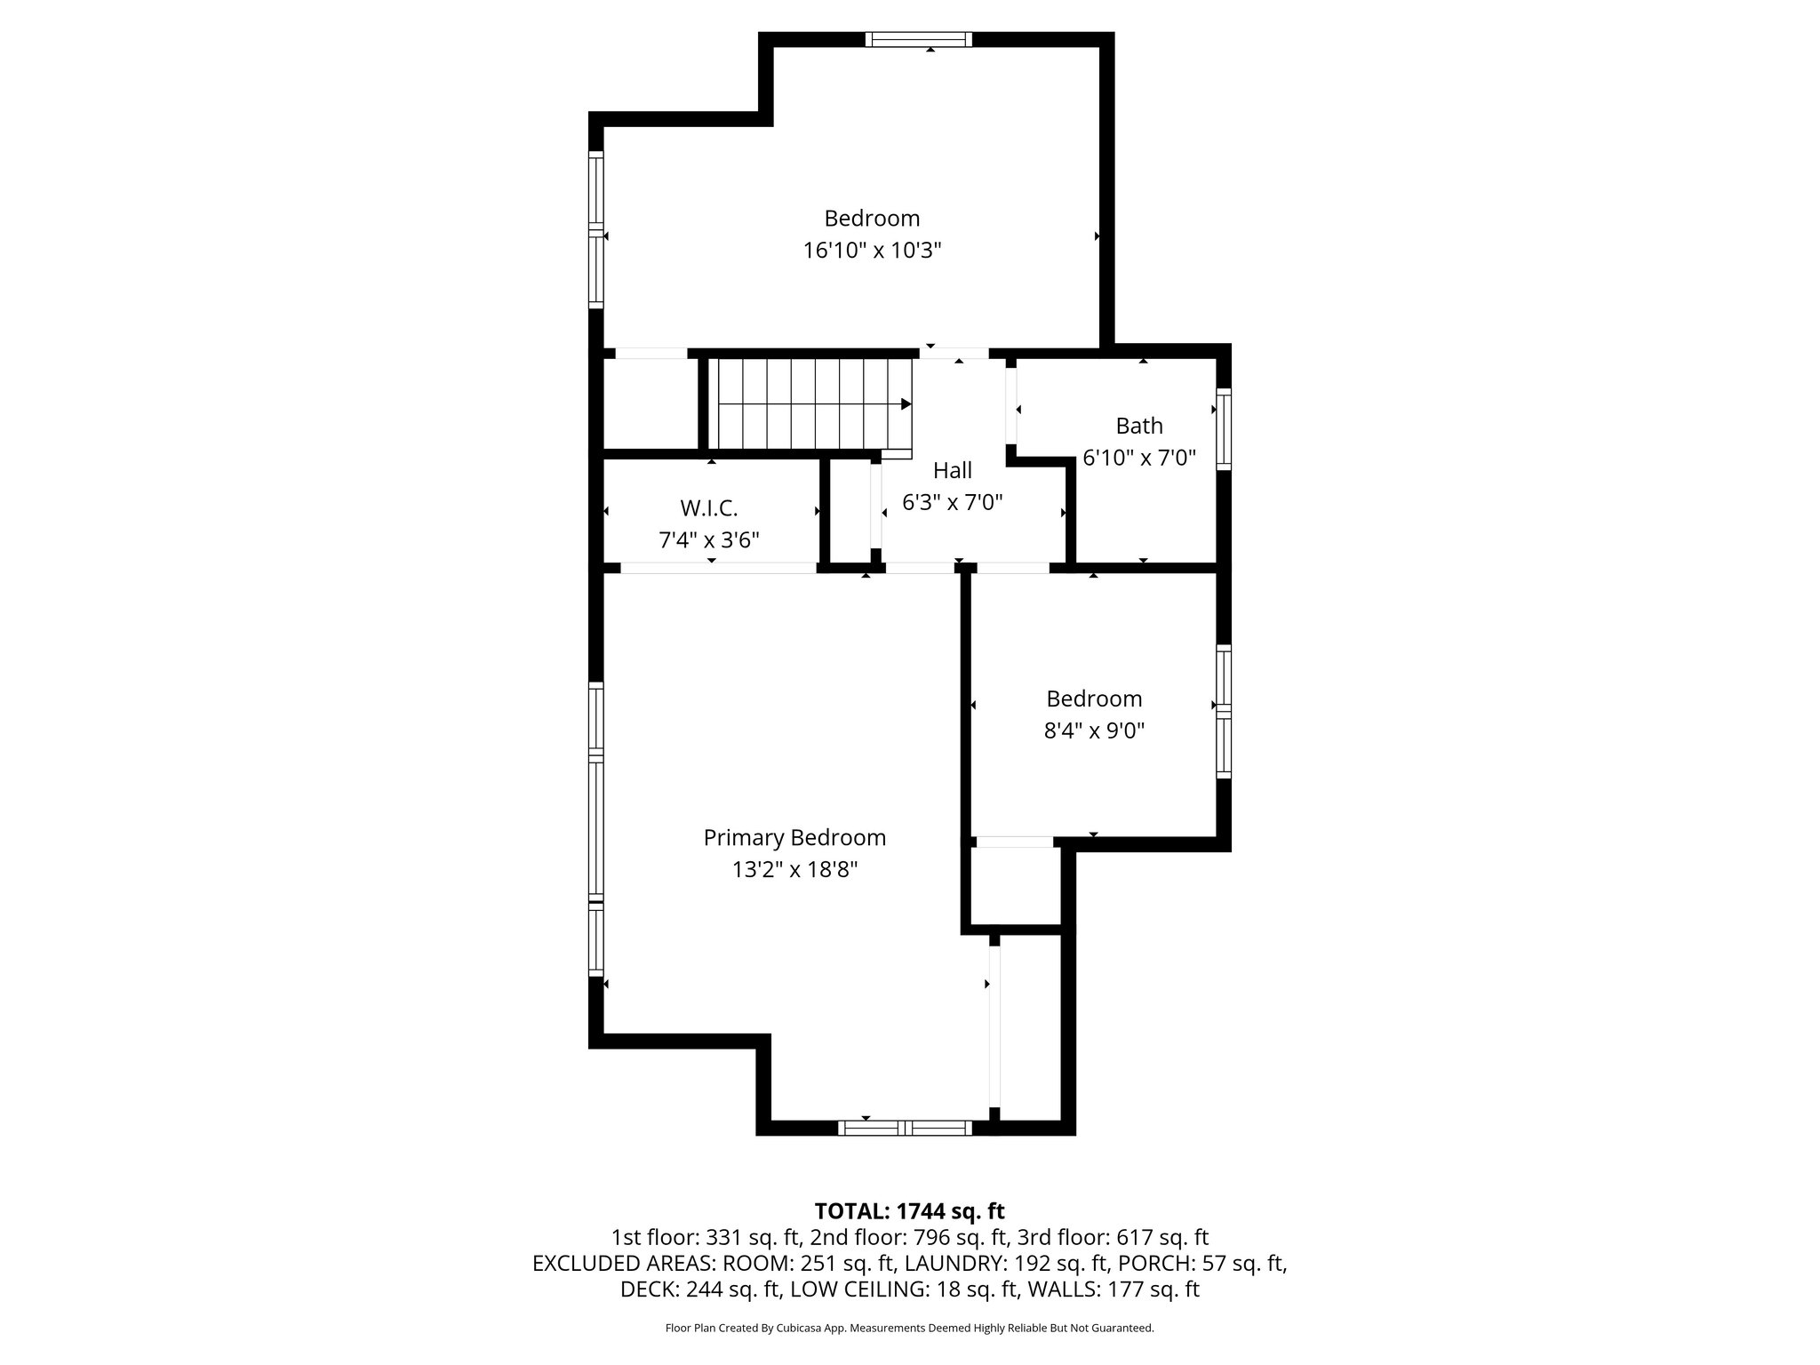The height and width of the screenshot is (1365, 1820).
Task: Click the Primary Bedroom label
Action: click(794, 837)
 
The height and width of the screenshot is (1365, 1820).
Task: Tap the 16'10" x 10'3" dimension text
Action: click(872, 251)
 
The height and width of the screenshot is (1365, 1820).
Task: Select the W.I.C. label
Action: click(708, 508)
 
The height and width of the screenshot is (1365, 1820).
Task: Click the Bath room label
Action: click(1138, 426)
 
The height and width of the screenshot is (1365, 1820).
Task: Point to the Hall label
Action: click(952, 470)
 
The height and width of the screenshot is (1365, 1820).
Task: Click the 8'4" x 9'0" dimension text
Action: click(1093, 730)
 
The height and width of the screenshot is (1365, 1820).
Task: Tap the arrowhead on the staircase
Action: click(906, 404)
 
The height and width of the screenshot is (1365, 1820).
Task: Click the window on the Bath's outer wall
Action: click(1224, 428)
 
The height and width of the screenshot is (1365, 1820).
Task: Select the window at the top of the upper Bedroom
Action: click(918, 39)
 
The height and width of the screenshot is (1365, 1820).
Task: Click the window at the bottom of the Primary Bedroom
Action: click(905, 1128)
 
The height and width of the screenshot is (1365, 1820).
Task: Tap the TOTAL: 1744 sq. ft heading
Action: click(909, 1210)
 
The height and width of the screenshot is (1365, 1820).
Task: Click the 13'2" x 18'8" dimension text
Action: click(794, 869)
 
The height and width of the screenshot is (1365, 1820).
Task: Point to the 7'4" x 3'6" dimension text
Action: click(708, 539)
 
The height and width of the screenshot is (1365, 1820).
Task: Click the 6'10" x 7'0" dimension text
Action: click(1138, 458)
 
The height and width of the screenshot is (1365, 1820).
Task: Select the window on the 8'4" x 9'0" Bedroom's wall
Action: click(1224, 711)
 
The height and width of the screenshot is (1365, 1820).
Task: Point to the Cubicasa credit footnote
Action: click(909, 1328)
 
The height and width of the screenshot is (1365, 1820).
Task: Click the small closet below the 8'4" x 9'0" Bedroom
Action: click(1015, 886)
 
